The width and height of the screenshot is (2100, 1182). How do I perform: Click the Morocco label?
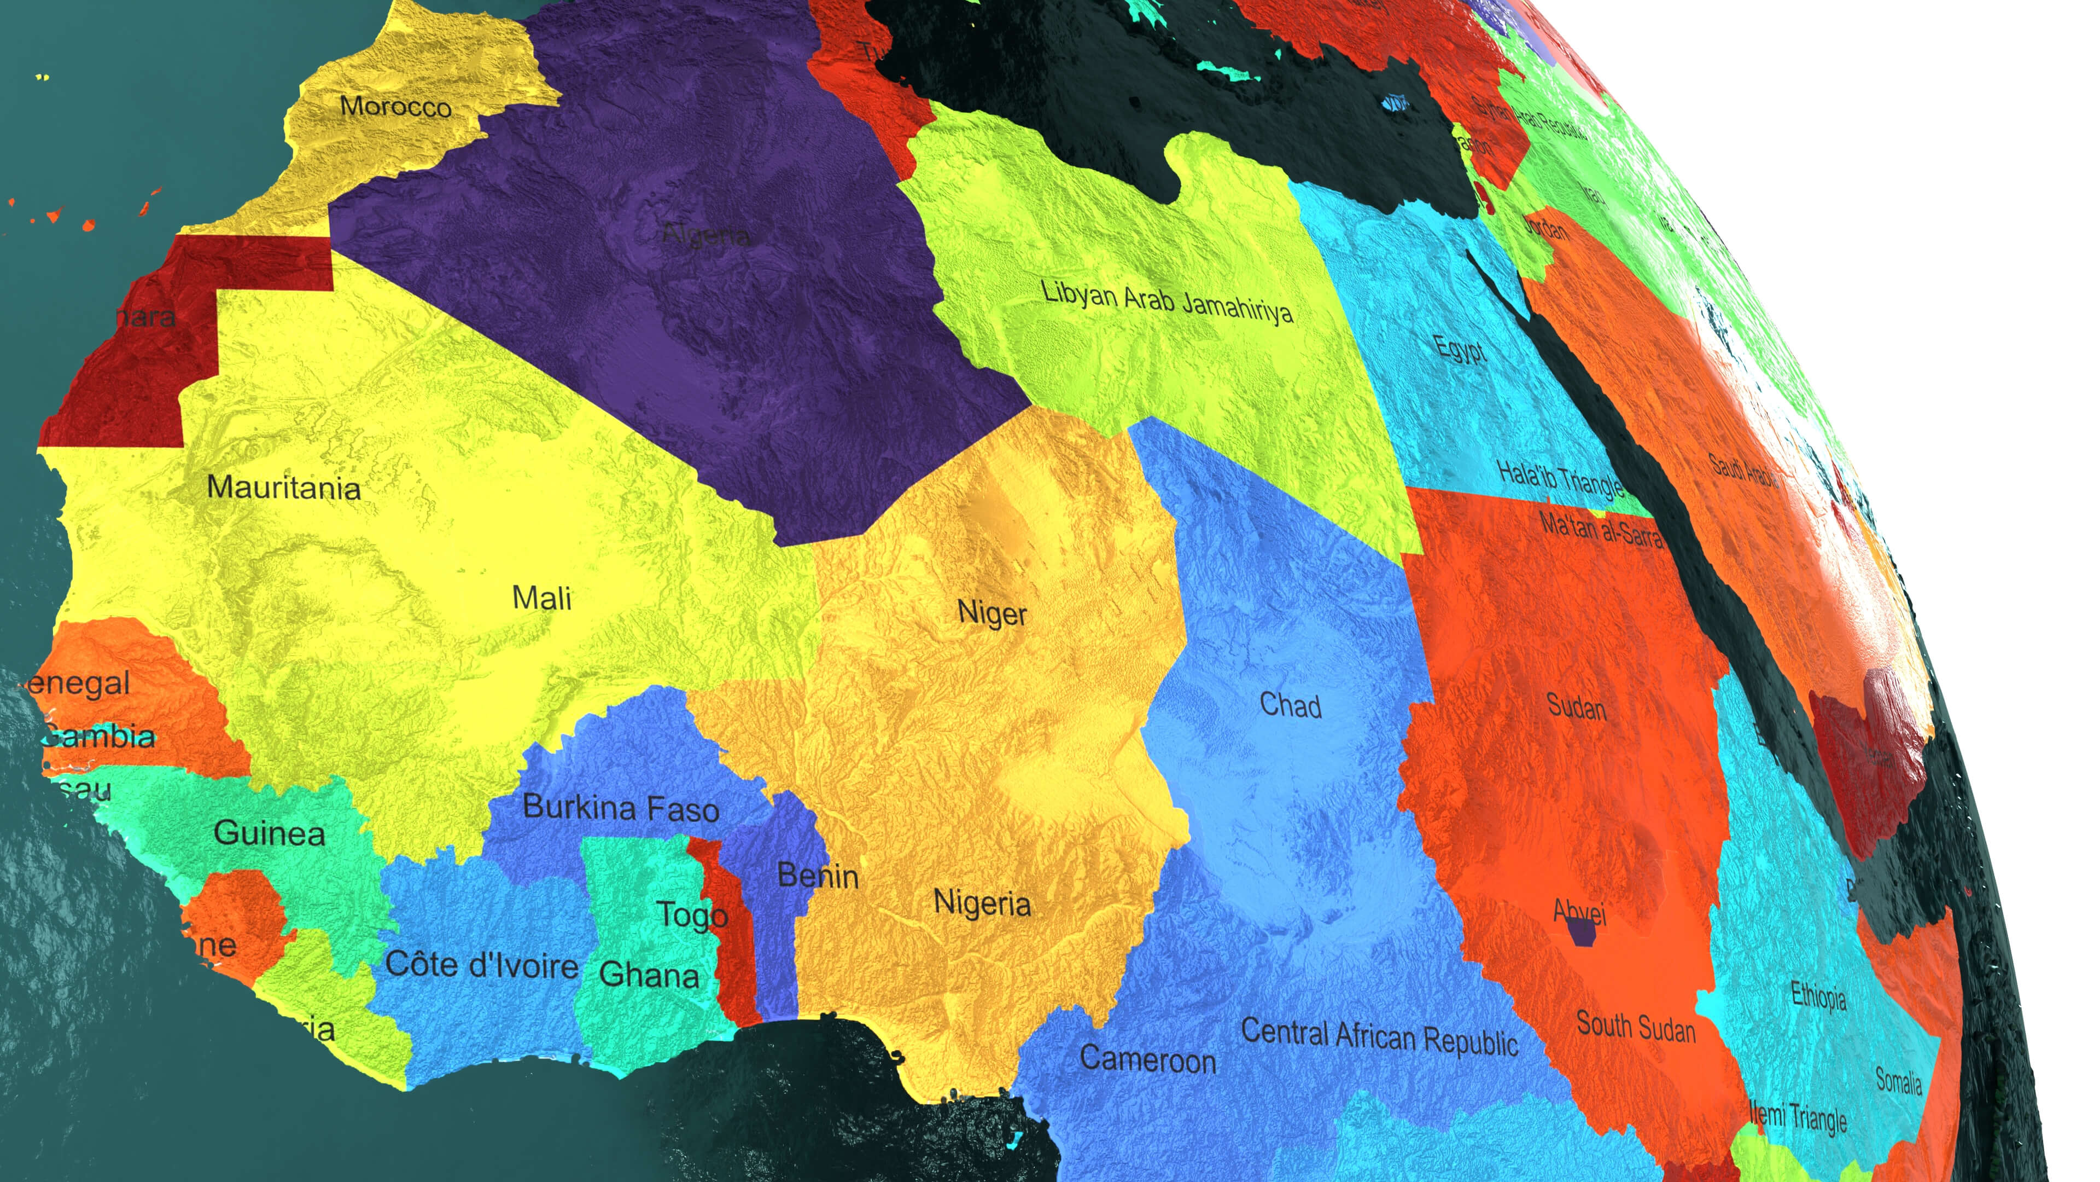coord(395,106)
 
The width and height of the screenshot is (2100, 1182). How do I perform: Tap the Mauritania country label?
coord(284,487)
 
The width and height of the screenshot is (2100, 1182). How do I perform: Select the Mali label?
coord(541,598)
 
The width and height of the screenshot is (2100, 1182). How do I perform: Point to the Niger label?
coord(992,613)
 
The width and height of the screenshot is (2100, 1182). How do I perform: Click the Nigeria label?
coord(982,903)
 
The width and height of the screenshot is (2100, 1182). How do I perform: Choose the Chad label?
coord(1291,705)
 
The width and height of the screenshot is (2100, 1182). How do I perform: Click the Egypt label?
coord(1461,349)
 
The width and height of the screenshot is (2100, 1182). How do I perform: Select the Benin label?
coord(818,876)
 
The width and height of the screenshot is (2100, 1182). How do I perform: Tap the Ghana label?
coord(649,974)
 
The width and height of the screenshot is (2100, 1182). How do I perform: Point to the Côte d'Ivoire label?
coord(481,965)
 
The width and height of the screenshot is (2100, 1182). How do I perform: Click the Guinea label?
coord(269,833)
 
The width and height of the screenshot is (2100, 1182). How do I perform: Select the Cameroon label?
coord(1148,1059)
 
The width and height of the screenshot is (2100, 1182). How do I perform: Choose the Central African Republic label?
coord(1379,1037)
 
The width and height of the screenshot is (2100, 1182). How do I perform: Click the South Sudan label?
coord(1635,1026)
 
